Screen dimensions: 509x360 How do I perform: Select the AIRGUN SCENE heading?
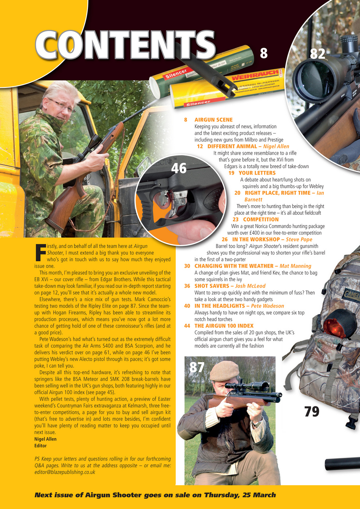click(x=213, y=120)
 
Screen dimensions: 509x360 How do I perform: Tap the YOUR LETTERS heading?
click(x=257, y=173)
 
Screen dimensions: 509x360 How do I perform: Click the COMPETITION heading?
click(x=261, y=220)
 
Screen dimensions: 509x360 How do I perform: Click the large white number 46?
click(x=179, y=169)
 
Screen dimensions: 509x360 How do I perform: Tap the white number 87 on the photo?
click(x=197, y=367)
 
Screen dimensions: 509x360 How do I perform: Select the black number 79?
click(x=311, y=412)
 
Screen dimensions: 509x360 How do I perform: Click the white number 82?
click(x=317, y=54)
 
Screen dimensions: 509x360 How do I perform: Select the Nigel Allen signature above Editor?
click(x=45, y=439)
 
